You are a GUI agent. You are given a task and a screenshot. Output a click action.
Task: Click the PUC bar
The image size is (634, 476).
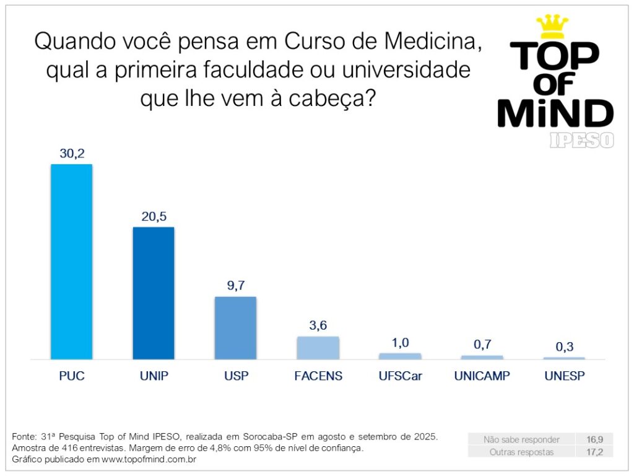(71, 262)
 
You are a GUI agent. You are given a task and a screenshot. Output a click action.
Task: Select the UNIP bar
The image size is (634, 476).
(154, 293)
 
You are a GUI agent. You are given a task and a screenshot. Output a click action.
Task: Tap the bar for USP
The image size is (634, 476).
(235, 328)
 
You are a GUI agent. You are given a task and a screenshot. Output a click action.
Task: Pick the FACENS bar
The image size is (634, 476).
(318, 348)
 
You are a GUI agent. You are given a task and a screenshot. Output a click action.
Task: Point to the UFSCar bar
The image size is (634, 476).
(400, 356)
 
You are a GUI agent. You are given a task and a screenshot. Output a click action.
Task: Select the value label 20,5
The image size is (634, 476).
(154, 217)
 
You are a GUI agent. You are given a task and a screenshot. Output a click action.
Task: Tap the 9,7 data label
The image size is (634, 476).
(235, 286)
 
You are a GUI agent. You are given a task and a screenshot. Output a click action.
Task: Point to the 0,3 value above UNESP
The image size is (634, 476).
(564, 347)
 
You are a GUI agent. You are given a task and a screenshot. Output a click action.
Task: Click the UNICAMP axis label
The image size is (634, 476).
(482, 376)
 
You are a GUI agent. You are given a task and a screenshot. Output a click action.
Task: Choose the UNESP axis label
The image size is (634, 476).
(564, 376)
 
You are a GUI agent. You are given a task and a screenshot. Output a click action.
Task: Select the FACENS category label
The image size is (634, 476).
(318, 376)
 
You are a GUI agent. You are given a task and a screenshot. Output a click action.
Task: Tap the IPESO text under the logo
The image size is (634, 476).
(581, 140)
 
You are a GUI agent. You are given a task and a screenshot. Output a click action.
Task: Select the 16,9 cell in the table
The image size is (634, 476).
(595, 439)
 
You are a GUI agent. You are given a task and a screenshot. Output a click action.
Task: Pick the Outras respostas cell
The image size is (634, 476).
(522, 452)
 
